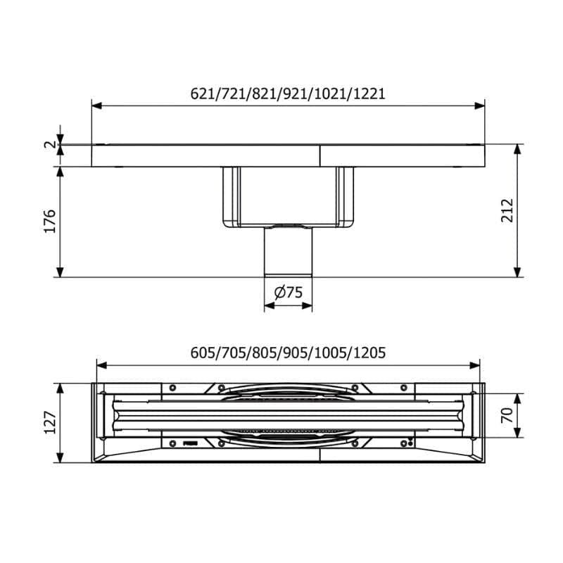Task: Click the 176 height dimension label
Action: click(50, 221)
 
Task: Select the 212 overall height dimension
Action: click(507, 210)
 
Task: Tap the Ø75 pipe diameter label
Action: click(289, 293)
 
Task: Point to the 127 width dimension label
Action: click(50, 423)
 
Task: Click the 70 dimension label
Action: click(507, 415)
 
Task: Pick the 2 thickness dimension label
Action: click(51, 144)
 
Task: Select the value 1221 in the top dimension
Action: click(369, 94)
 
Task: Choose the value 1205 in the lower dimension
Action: click(369, 353)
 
